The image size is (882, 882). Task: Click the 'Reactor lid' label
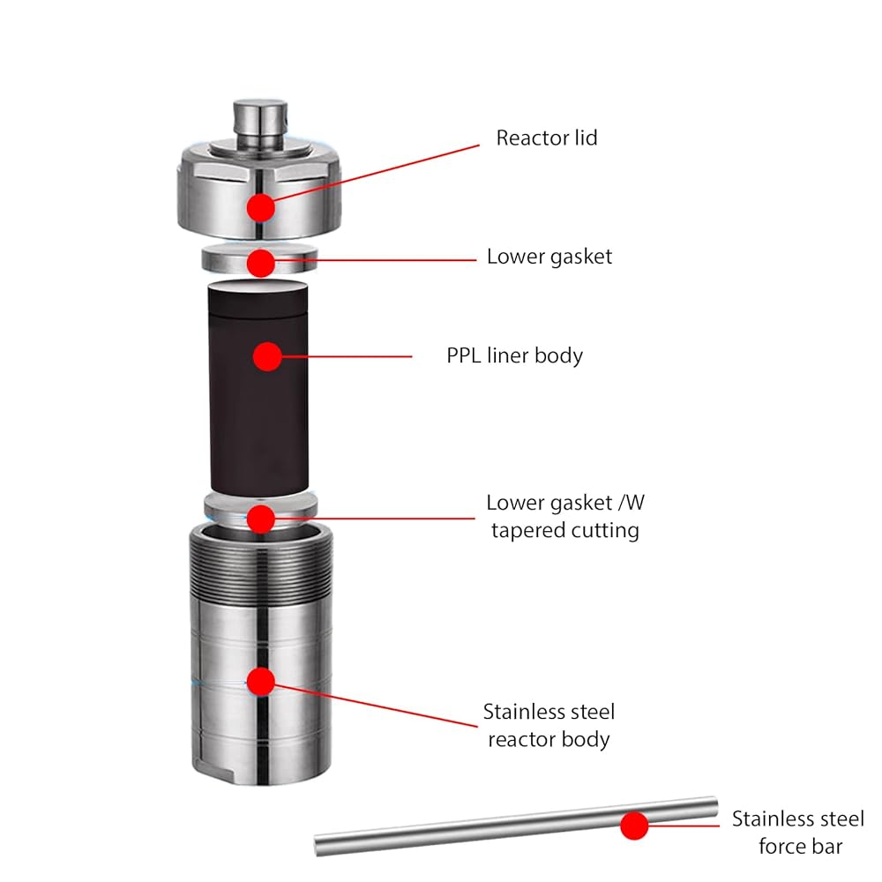click(546, 138)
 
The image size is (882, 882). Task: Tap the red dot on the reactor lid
click(260, 207)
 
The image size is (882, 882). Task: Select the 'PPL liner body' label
click(515, 356)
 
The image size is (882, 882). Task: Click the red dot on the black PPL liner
click(267, 356)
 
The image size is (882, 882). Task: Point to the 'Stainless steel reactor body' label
click(549, 726)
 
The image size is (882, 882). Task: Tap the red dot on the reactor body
click(260, 682)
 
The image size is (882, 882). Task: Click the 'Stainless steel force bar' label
click(798, 833)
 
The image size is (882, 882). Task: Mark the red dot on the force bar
click(634, 826)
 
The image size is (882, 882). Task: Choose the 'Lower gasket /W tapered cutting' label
click(565, 516)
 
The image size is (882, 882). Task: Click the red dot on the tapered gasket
click(260, 519)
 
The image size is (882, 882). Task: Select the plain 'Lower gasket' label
click(549, 257)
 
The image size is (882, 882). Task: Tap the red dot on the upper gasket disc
click(260, 263)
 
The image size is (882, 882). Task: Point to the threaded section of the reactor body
click(260, 568)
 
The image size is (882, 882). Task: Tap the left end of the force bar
click(316, 845)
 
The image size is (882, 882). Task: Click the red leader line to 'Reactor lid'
click(377, 173)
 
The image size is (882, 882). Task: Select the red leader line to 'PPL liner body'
click(347, 356)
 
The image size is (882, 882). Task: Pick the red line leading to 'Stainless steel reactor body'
click(375, 706)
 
